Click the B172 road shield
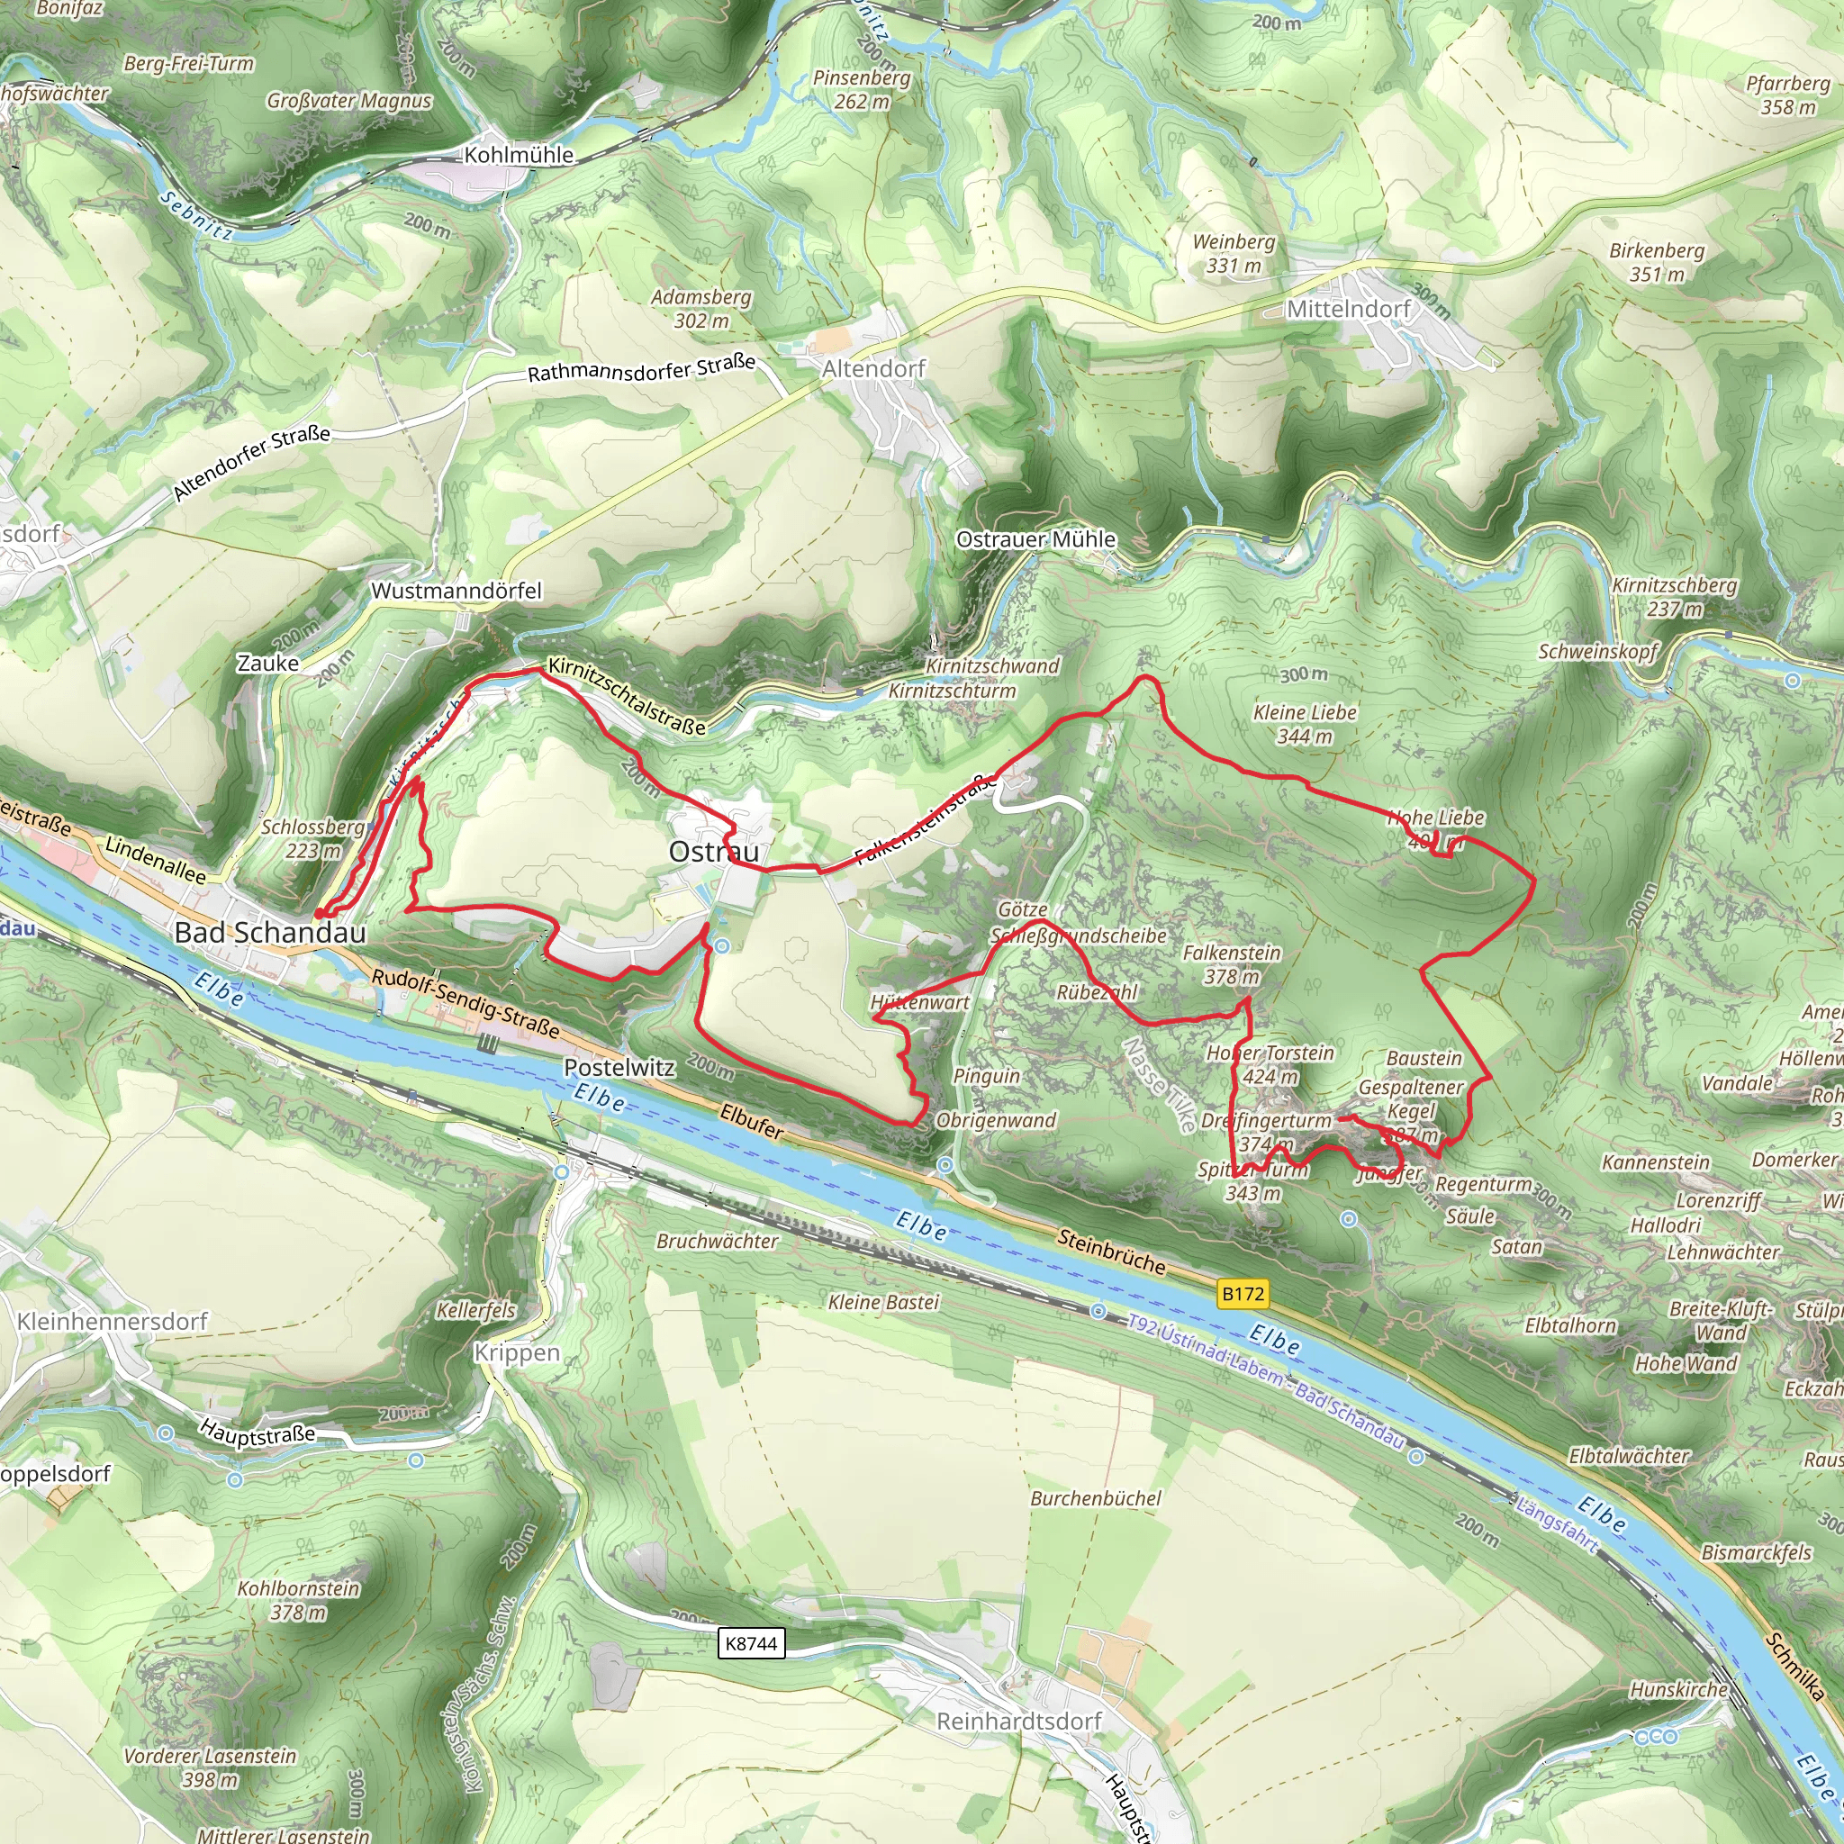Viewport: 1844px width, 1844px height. (x=1243, y=1294)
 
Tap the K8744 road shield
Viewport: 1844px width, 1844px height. (x=751, y=1642)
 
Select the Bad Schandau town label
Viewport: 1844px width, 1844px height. (x=270, y=933)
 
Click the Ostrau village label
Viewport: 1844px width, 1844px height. (x=714, y=852)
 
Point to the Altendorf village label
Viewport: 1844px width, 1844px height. (x=874, y=368)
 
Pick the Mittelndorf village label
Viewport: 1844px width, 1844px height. (x=1349, y=308)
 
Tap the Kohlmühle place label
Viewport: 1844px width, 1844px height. (x=520, y=155)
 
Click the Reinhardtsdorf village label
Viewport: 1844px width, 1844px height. (x=1018, y=1721)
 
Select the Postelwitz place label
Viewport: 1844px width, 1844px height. (x=619, y=1067)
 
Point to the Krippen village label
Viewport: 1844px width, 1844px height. (x=516, y=1352)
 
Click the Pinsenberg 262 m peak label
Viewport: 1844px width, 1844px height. (x=862, y=89)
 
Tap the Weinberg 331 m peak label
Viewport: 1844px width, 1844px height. (x=1234, y=254)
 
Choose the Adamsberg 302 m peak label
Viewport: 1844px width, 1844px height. (x=701, y=309)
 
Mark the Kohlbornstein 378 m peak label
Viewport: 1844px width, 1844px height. (x=299, y=1601)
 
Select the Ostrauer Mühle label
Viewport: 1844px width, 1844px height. (x=1035, y=539)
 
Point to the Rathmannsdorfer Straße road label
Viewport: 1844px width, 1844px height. (x=641, y=367)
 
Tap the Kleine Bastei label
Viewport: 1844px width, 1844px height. (x=884, y=1302)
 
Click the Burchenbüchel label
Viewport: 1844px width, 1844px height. (x=1096, y=1498)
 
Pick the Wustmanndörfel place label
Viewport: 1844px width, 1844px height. (x=456, y=591)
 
